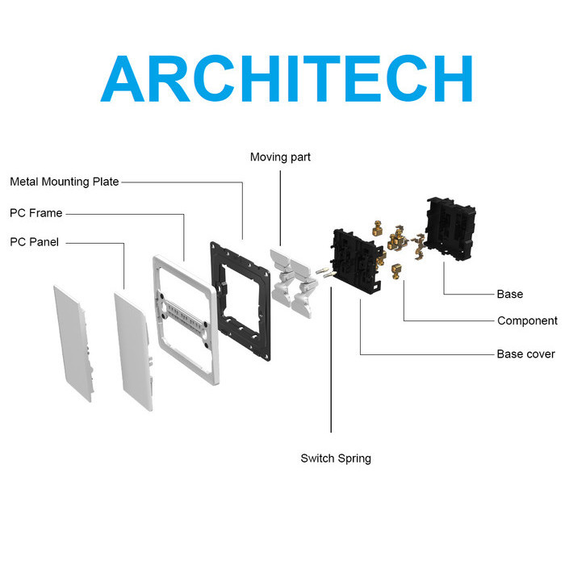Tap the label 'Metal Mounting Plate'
(x=65, y=182)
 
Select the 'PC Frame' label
(x=36, y=213)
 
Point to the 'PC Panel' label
(x=34, y=241)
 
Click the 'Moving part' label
(x=280, y=157)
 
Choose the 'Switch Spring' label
(x=336, y=458)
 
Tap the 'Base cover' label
(x=525, y=354)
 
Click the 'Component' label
(x=527, y=321)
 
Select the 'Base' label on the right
(x=509, y=295)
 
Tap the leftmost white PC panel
(x=73, y=339)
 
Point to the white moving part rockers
(x=291, y=278)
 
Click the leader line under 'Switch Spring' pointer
(x=331, y=363)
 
